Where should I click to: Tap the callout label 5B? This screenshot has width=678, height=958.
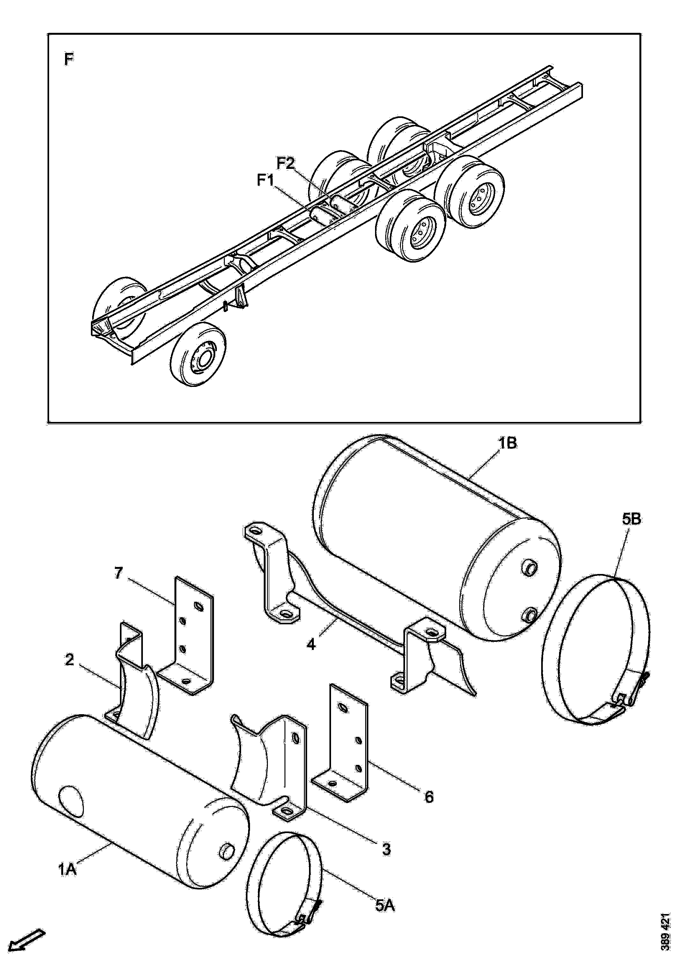(631, 521)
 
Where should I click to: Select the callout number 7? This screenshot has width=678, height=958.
(119, 573)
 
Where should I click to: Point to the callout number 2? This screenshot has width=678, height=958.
(69, 660)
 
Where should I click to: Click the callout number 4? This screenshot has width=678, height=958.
(311, 644)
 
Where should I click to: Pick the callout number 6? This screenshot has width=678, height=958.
(429, 797)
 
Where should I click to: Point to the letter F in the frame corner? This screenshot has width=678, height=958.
(69, 59)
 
